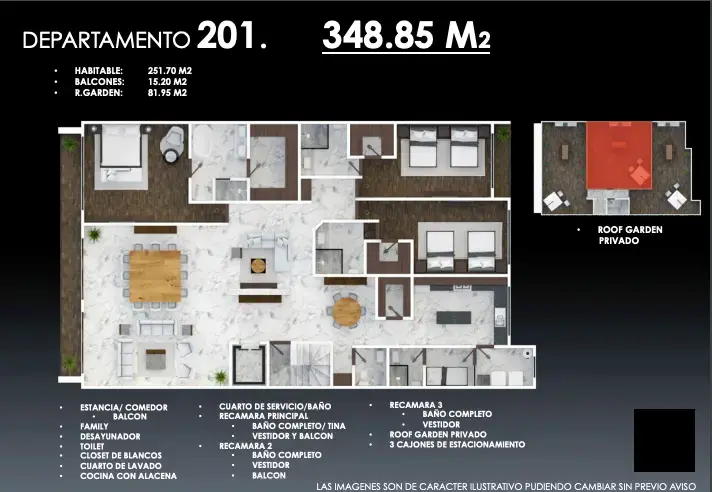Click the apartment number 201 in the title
click(x=226, y=35)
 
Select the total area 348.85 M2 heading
click(x=406, y=35)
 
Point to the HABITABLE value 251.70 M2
click(x=169, y=71)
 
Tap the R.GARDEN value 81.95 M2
click(x=167, y=93)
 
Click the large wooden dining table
click(x=155, y=276)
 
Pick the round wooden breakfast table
click(x=347, y=311)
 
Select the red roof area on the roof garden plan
click(x=619, y=155)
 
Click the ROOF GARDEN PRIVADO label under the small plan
click(x=630, y=235)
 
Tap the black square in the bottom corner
click(x=664, y=440)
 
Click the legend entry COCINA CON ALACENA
click(x=129, y=476)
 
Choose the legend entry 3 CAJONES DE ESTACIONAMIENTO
click(x=457, y=444)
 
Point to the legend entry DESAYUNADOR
click(x=110, y=436)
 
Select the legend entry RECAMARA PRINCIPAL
click(x=263, y=416)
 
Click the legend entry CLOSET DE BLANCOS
click(x=121, y=455)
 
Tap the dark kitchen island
click(x=454, y=317)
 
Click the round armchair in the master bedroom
click(x=172, y=144)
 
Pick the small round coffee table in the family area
click(x=258, y=266)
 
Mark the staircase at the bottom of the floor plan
click(x=302, y=364)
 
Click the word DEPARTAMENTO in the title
click(x=106, y=40)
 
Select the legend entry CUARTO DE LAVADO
click(x=121, y=466)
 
